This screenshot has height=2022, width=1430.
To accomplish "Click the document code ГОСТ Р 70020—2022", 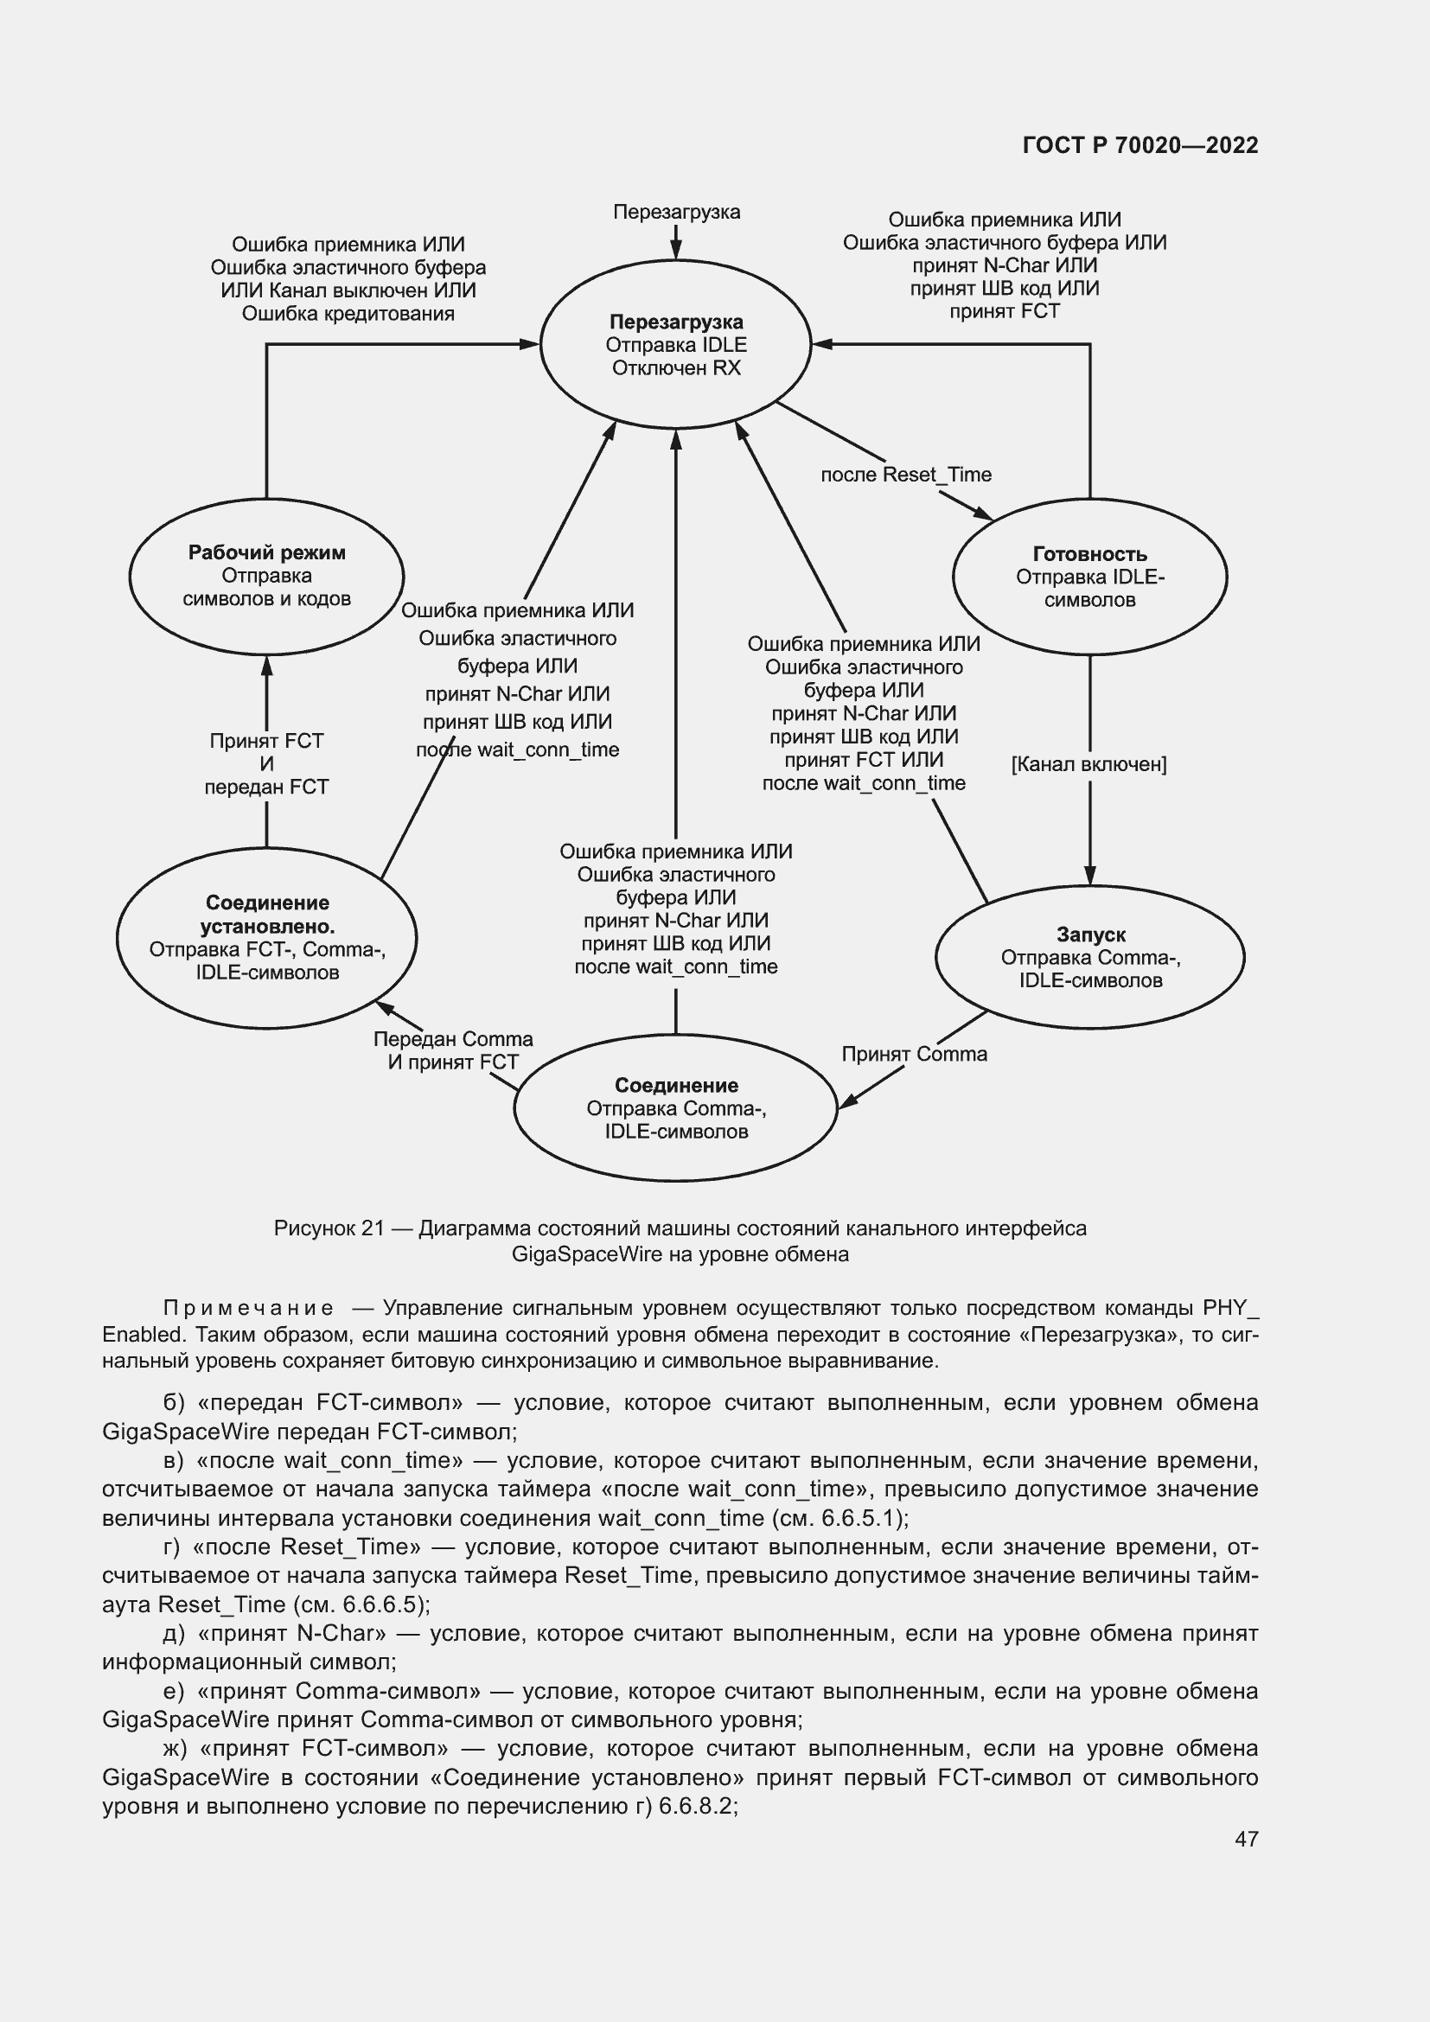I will (x=1140, y=145).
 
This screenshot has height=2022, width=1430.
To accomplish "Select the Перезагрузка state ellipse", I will (x=675, y=344).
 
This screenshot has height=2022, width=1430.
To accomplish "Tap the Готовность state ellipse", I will (x=1089, y=577).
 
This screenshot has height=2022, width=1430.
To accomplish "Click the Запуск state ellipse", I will (x=1089, y=957).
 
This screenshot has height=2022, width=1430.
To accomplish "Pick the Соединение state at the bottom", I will (x=675, y=1108).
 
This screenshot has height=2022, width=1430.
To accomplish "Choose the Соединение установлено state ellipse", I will (x=267, y=937).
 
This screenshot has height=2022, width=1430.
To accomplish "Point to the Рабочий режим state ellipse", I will (x=267, y=575).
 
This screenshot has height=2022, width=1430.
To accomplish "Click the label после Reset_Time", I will (x=905, y=475).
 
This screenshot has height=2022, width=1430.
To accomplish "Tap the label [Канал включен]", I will (x=1088, y=764).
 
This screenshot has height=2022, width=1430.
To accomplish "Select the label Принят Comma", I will (x=914, y=1054).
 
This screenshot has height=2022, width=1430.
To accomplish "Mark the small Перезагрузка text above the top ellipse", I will (x=676, y=213).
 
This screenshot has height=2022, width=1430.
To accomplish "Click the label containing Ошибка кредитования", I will (x=348, y=314).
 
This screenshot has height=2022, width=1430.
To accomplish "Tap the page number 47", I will (x=1246, y=1839).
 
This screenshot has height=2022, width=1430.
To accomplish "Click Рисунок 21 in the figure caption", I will (x=329, y=1228).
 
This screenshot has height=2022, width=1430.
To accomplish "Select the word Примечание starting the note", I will (x=248, y=1308).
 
